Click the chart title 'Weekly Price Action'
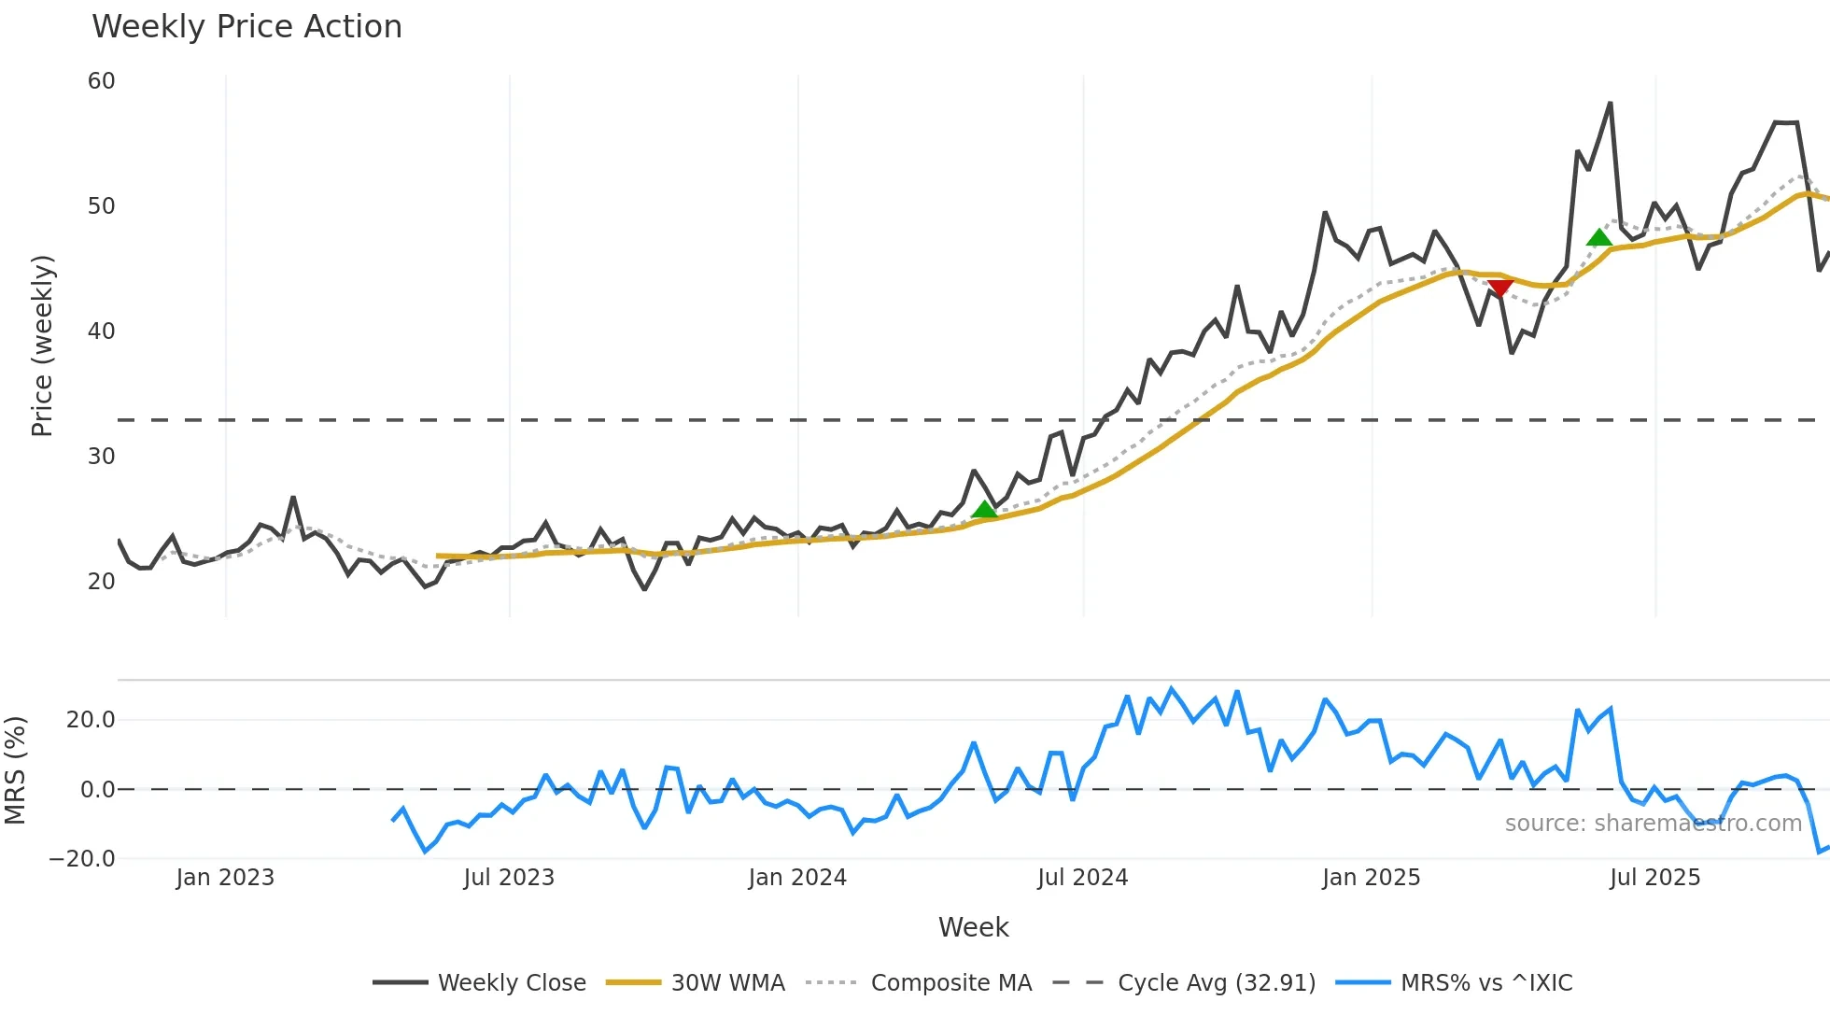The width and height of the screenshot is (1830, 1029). tap(246, 27)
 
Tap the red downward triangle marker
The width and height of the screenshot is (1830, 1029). tap(1499, 288)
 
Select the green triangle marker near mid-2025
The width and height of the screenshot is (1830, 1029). tap(1599, 237)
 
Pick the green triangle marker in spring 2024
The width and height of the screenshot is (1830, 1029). tap(984, 509)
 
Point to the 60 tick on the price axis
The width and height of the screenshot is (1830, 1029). tap(102, 81)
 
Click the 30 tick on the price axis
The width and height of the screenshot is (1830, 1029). tap(102, 457)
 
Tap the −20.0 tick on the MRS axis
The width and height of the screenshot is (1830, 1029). tap(82, 859)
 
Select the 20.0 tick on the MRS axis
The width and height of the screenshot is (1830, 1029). tap(91, 720)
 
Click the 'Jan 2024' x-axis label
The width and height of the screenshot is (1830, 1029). tap(797, 878)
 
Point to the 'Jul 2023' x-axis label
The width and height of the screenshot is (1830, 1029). tap(509, 878)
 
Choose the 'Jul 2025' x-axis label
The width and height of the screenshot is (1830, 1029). tap(1654, 878)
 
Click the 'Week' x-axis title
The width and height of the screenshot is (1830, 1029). tap(973, 927)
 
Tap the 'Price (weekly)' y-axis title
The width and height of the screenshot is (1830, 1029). tap(43, 345)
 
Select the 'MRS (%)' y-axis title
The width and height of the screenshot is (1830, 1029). tap(15, 770)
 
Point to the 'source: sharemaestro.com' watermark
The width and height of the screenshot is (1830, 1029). tap(1653, 824)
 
